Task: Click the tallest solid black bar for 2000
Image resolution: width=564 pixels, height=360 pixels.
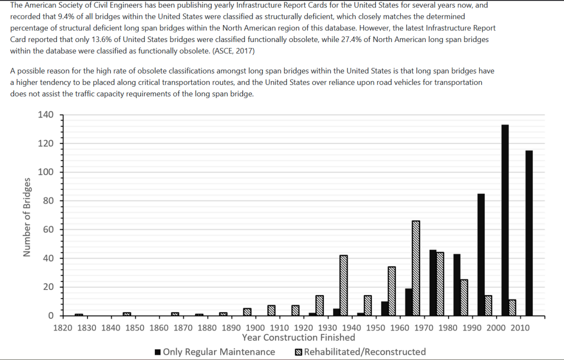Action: (505, 220)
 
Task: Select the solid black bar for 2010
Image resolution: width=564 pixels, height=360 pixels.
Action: (529, 233)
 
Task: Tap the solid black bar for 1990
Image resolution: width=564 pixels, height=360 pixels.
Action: (481, 254)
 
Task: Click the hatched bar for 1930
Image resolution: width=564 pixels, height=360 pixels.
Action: (344, 285)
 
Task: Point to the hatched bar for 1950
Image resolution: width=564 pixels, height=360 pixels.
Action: (392, 291)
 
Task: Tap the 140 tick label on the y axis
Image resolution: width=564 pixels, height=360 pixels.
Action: (45, 115)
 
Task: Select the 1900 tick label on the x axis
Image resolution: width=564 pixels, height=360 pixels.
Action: (255, 328)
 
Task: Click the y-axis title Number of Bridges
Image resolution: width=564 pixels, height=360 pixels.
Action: (27, 217)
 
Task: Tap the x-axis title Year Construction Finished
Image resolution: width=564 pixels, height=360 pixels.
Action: (299, 337)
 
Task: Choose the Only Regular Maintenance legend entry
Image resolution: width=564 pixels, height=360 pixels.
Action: (215, 352)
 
